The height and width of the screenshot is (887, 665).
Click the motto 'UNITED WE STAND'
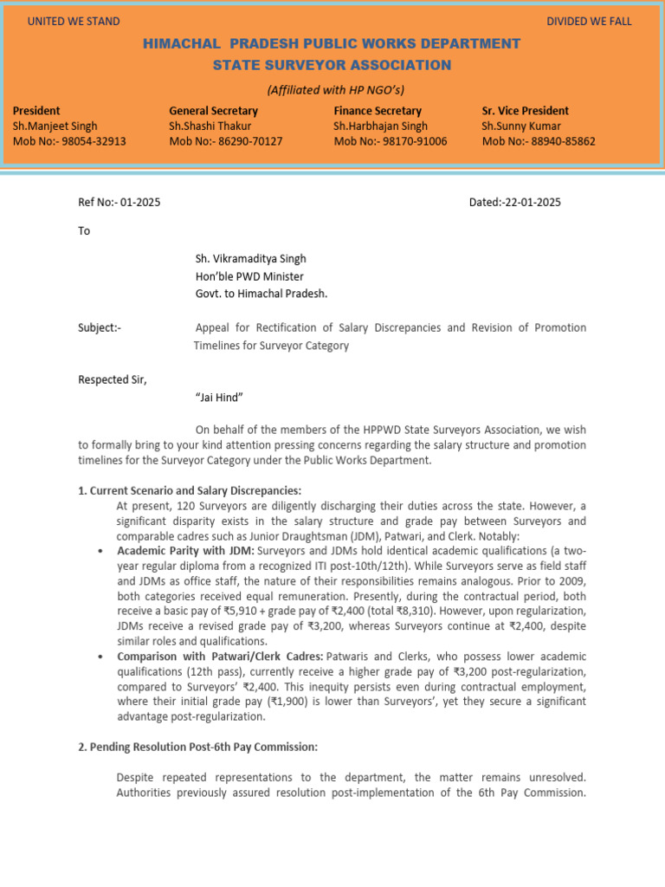click(74, 21)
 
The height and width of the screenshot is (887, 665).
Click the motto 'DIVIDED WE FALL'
click(589, 21)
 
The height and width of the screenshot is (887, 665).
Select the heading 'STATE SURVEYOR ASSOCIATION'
click(332, 65)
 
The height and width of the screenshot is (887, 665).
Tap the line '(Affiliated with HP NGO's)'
click(335, 90)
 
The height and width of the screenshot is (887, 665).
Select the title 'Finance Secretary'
click(378, 111)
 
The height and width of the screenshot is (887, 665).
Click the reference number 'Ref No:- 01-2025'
click(119, 202)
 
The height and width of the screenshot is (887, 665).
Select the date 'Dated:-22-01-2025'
click(514, 202)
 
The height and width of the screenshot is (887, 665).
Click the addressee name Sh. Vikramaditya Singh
click(250, 258)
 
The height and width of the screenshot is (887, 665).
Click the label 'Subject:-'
click(100, 327)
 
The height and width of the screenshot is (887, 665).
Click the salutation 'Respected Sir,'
click(113, 379)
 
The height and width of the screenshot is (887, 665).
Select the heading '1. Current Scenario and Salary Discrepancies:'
click(190, 490)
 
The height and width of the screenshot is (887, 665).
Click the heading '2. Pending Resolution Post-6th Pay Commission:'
click(198, 747)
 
